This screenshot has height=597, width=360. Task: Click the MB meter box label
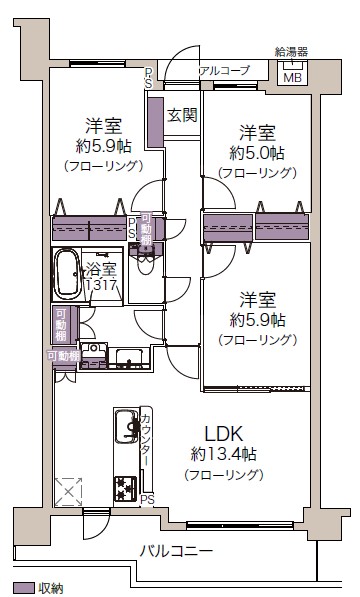click(x=293, y=78)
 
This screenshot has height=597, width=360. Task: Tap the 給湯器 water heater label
click(x=292, y=51)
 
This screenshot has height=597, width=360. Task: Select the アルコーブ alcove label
click(x=224, y=70)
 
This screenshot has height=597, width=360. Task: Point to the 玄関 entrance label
click(x=182, y=115)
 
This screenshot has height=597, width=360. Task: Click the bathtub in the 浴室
click(x=67, y=273)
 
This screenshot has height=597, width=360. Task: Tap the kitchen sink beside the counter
click(x=127, y=426)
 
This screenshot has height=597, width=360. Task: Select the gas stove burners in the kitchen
click(x=125, y=488)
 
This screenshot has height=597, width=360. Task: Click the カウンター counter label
click(x=146, y=440)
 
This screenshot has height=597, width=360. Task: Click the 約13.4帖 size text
click(x=223, y=454)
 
